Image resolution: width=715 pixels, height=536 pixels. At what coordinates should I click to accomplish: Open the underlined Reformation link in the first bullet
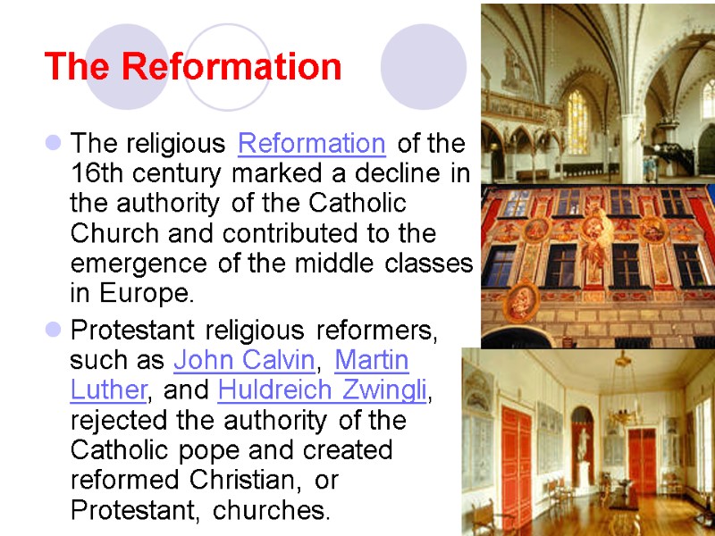312,143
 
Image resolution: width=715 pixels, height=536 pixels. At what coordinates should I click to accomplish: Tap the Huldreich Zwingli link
323,390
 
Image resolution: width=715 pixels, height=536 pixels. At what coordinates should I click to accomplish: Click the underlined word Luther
106,390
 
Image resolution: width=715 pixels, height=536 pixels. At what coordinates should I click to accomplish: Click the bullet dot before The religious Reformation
53,143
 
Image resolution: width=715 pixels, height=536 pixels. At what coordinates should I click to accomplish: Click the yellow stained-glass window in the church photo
577,121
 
